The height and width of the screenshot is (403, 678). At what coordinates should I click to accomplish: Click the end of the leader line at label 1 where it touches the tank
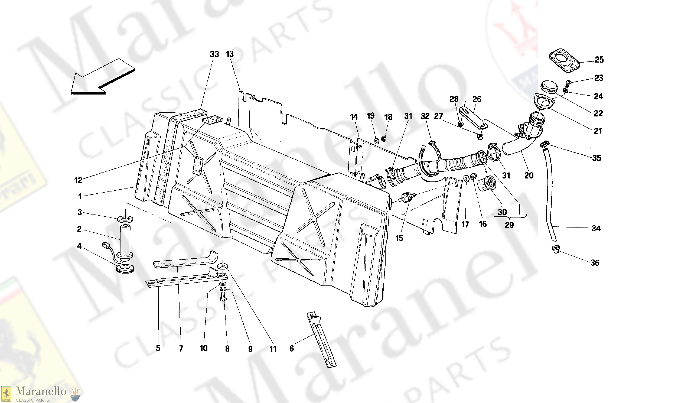point(135,187)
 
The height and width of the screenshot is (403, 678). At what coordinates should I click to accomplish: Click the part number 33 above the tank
point(214,54)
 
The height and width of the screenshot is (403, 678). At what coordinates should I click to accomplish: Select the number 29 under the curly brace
point(509,225)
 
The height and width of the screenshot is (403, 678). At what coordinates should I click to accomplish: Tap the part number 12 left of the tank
point(78,180)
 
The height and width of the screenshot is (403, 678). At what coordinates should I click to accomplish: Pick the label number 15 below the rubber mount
point(399,238)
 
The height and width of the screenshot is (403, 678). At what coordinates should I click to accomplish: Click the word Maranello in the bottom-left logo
point(41,391)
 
